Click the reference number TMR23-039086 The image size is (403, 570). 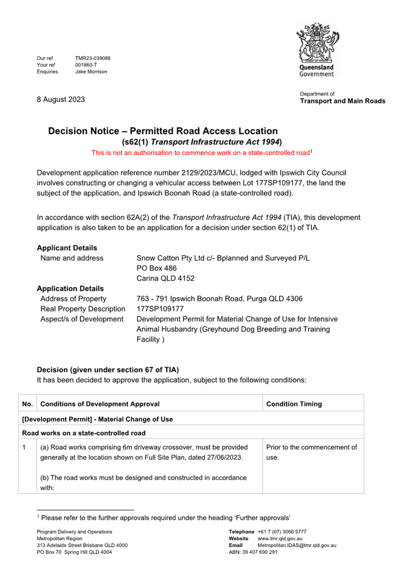93,58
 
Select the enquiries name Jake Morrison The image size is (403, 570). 91,72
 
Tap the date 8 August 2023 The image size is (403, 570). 61,99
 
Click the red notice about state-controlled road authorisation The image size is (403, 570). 202,153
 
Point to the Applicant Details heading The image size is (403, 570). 67,248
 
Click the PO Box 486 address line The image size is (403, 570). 157,268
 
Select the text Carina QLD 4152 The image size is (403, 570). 165,278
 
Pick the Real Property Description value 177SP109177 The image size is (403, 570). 160,309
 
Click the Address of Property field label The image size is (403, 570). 74,299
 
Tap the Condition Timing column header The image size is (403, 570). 294,404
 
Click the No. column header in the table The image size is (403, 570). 28,404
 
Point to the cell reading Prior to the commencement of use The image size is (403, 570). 312,452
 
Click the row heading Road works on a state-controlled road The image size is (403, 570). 84,433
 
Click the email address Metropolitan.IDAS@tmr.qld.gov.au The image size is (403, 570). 297,545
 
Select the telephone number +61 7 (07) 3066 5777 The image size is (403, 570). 282,532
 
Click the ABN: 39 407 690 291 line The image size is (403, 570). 253,552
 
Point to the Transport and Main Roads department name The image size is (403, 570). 342,101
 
